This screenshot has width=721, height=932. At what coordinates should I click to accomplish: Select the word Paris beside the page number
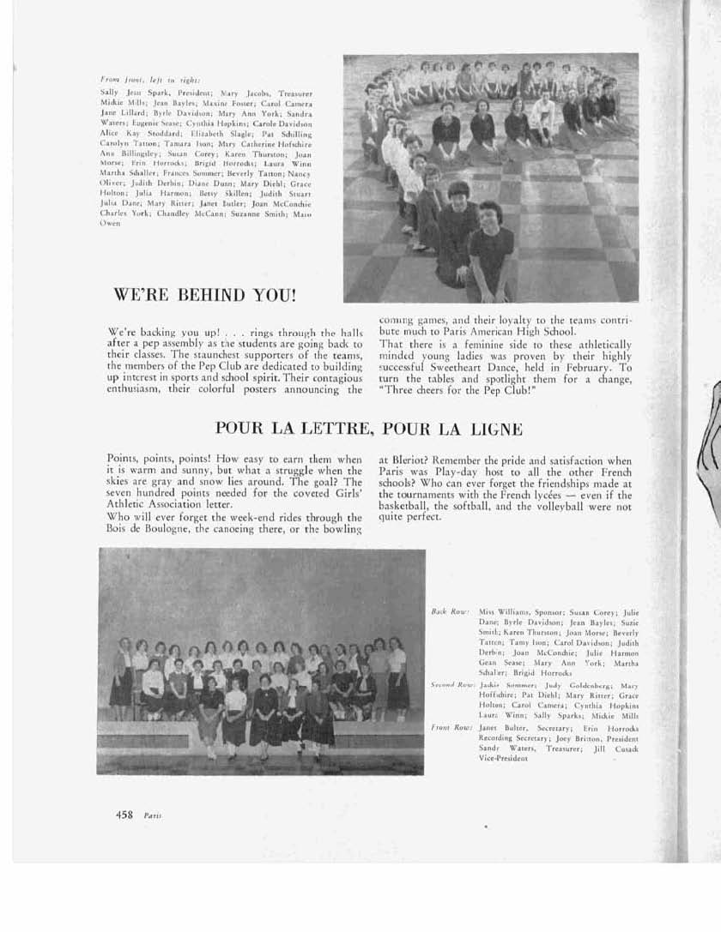(x=153, y=815)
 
